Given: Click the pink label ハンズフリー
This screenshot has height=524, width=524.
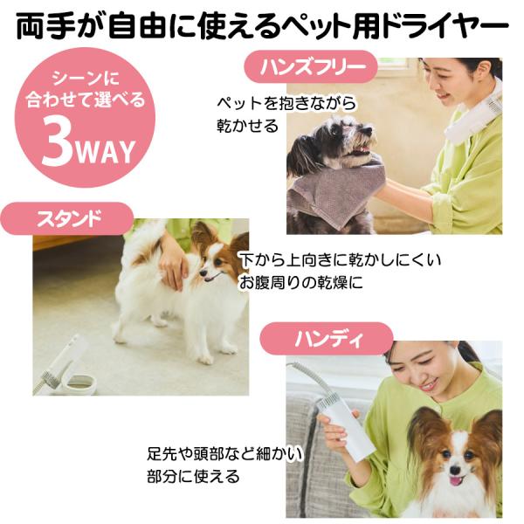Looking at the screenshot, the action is click(x=311, y=67).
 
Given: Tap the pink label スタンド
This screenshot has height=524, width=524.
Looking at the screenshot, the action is click(x=67, y=218).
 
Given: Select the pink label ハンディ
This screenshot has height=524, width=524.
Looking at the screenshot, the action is click(x=327, y=339).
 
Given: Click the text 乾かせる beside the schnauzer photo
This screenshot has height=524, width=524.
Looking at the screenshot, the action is click(x=248, y=126).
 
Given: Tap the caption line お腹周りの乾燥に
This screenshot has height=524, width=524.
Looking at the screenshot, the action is click(x=300, y=282).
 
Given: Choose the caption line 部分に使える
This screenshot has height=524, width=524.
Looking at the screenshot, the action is click(x=193, y=477).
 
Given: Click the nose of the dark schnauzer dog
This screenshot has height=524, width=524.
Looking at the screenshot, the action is click(x=369, y=129).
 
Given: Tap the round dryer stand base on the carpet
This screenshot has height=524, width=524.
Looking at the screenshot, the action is click(x=79, y=384).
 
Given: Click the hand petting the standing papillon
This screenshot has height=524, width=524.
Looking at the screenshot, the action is click(x=174, y=267).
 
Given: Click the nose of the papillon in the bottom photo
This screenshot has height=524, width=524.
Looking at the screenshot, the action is click(x=455, y=470).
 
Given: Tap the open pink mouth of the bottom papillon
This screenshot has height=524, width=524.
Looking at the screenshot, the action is click(x=455, y=482).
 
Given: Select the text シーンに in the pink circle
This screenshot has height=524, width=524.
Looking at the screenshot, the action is click(x=86, y=79).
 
